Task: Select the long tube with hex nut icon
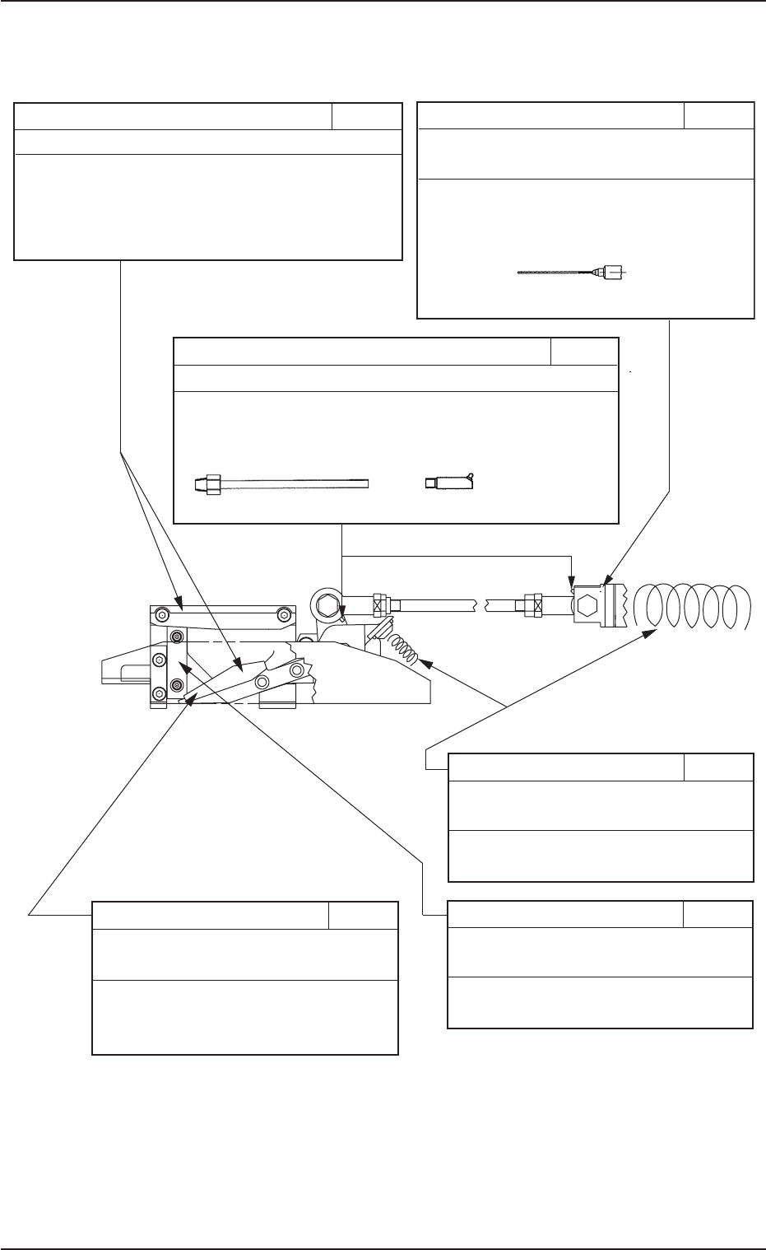click(280, 483)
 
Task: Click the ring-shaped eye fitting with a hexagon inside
click(324, 608)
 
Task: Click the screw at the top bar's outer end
click(163, 613)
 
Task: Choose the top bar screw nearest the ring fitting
click(284, 613)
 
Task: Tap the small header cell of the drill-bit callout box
click(718, 115)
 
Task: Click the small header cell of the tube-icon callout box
click(583, 351)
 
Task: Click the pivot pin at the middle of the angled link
click(264, 681)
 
